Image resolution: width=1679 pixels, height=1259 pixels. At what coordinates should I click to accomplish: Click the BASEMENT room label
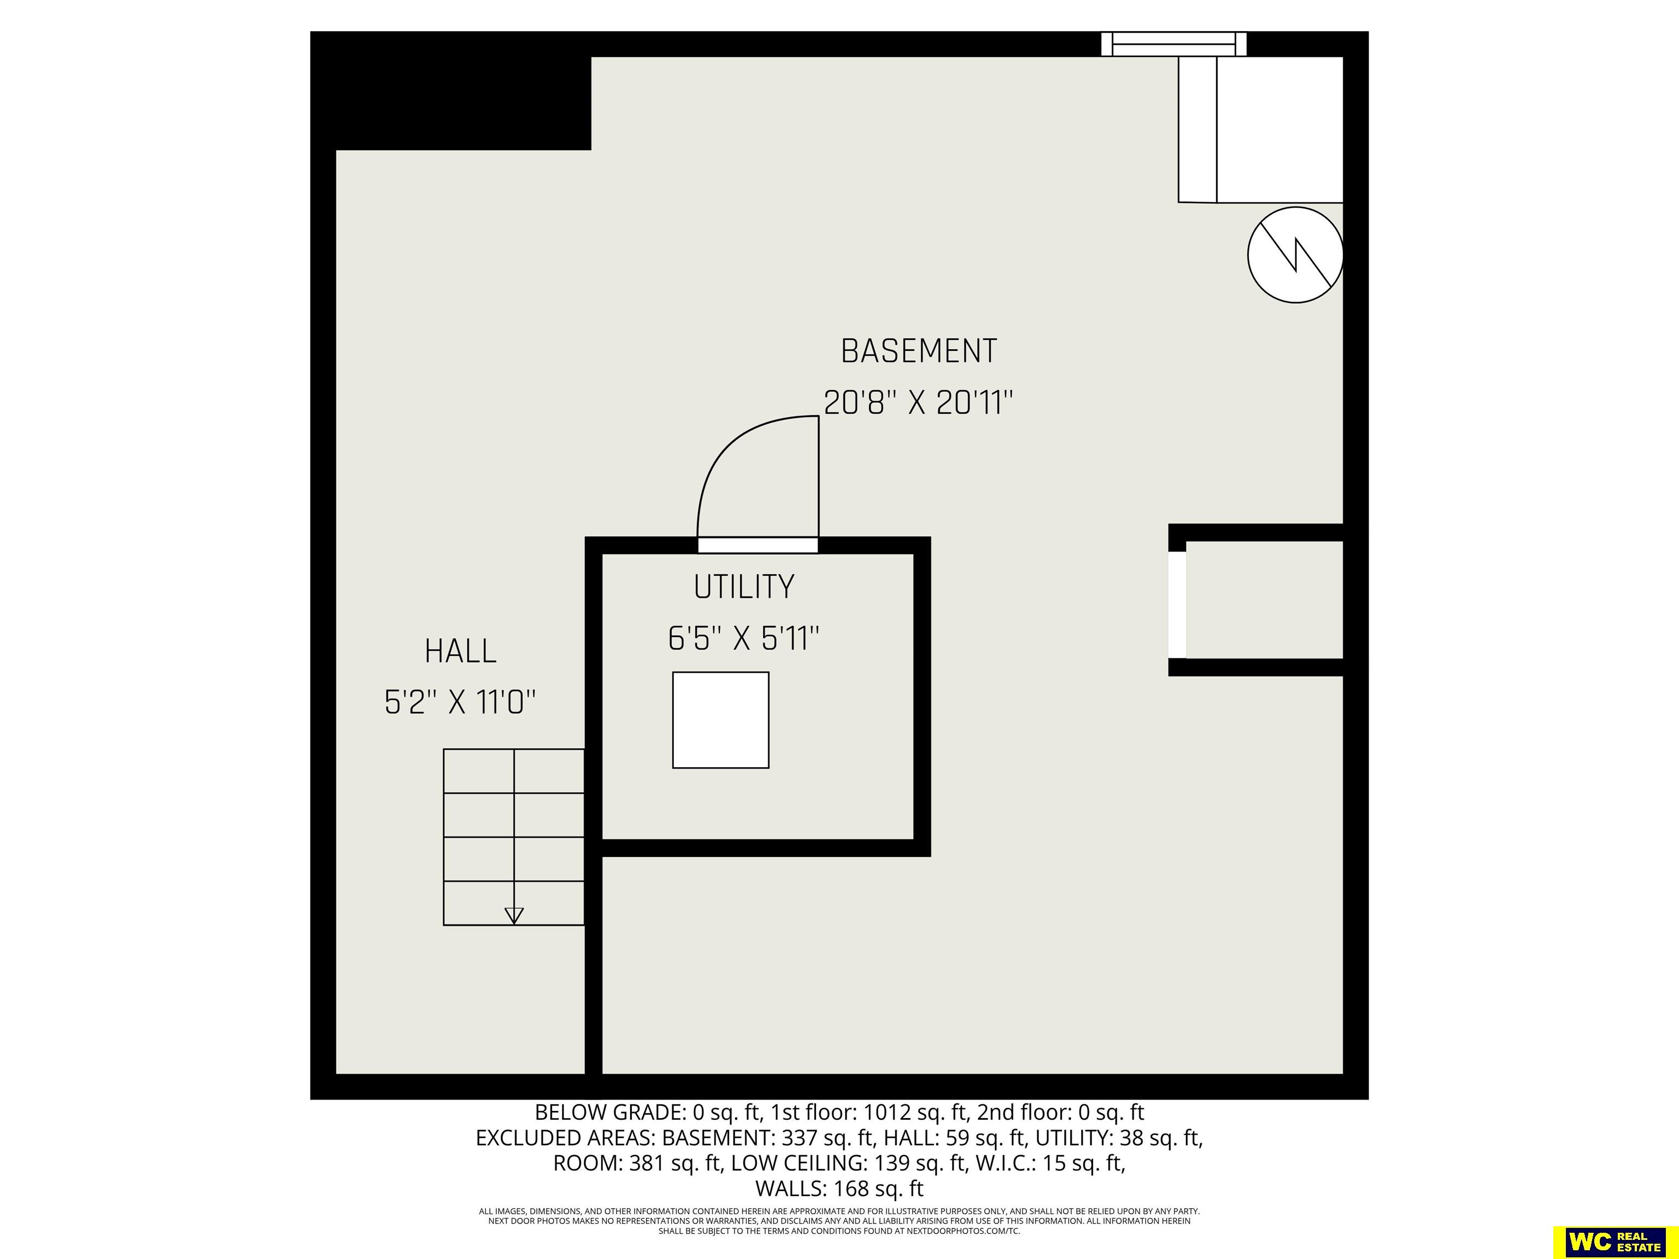point(918,351)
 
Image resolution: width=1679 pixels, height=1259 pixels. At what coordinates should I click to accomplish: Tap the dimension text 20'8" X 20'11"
point(918,402)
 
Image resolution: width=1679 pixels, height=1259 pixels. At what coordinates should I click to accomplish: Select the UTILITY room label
point(744,587)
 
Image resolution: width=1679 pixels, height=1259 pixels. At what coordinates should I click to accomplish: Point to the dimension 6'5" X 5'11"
point(744,638)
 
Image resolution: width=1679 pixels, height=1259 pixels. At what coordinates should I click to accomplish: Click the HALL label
point(461,651)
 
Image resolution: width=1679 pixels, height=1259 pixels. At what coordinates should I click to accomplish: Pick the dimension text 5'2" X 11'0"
point(461,703)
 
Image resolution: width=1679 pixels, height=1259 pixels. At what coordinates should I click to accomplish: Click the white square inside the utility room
point(720,720)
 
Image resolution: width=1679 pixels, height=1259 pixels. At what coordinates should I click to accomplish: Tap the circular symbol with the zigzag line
point(1296,255)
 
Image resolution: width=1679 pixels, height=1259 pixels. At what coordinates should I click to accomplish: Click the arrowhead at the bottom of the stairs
point(514,915)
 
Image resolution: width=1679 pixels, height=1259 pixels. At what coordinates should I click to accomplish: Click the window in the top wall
point(1174,44)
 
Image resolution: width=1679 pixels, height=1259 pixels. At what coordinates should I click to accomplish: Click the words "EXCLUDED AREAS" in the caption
point(566,1138)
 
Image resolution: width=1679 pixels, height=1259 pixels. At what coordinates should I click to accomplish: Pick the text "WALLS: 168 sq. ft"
point(839,1189)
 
